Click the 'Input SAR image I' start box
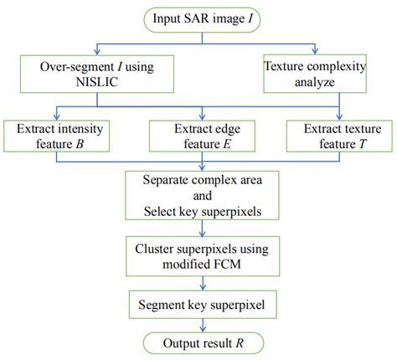198,18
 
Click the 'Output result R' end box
199,342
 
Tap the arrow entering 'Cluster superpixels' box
199,237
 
